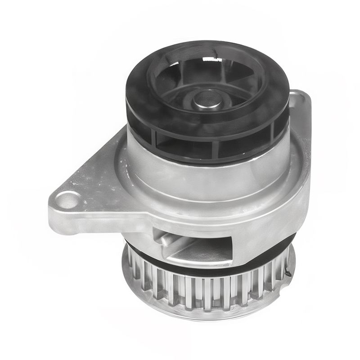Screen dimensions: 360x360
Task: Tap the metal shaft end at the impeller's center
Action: (x=207, y=99)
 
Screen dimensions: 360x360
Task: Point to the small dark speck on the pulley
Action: (x=288, y=273)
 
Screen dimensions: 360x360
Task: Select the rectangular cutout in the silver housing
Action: (x=198, y=245)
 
